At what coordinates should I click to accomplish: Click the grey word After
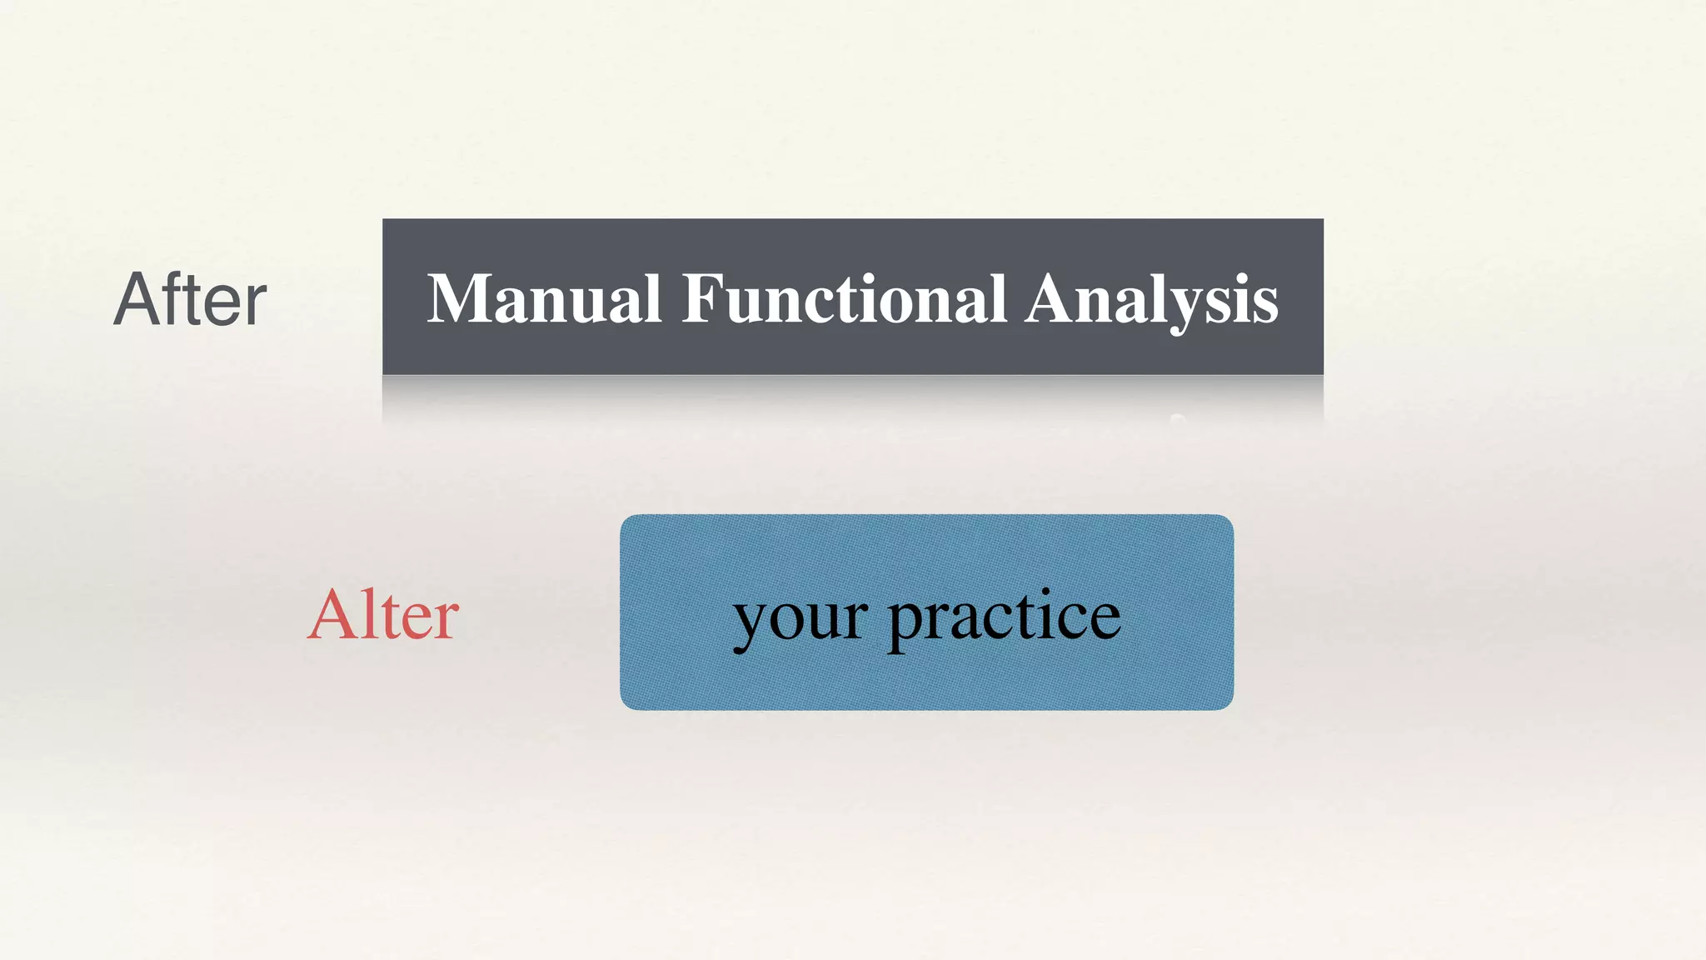tap(190, 299)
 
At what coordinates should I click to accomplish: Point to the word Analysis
tap(1151, 300)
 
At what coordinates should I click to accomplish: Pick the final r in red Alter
tap(445, 620)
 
